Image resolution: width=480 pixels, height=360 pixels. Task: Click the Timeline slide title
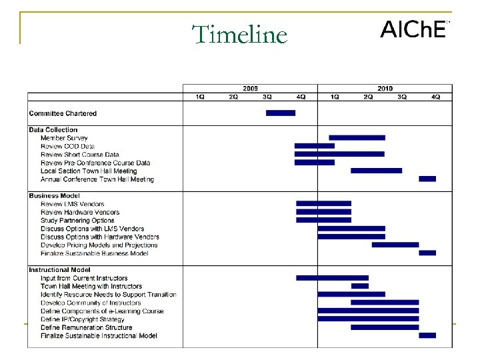[x=239, y=35]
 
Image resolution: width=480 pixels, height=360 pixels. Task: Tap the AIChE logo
[x=413, y=30]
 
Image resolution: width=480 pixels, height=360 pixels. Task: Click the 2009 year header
[x=250, y=89]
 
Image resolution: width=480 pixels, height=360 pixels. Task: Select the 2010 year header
[x=385, y=89]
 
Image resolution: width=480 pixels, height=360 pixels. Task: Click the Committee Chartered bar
[x=280, y=113]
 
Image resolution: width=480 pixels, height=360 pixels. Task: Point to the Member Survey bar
[x=357, y=138]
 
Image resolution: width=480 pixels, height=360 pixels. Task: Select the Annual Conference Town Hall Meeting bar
[x=427, y=179]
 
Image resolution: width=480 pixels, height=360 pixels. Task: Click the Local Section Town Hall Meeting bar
[x=376, y=171]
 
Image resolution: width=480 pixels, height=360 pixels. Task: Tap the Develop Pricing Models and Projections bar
[x=395, y=245]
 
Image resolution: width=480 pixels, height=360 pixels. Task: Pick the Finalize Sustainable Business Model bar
[x=427, y=253]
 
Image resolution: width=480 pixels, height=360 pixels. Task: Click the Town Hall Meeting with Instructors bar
[x=359, y=286]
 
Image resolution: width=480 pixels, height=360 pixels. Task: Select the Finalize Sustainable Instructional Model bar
[x=427, y=335]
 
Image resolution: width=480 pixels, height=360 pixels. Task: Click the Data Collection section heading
[x=53, y=130]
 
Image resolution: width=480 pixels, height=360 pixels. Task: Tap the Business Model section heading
[x=54, y=196]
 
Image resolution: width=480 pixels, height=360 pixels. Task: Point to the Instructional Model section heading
[x=59, y=270]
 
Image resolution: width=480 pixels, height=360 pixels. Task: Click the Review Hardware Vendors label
[x=80, y=212]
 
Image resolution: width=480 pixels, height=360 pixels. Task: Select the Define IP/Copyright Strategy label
[x=82, y=319]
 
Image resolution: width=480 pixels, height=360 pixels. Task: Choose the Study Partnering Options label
[x=77, y=221]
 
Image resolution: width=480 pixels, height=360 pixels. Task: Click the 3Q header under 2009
[x=267, y=97]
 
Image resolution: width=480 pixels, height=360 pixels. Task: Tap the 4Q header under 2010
[x=435, y=97]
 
